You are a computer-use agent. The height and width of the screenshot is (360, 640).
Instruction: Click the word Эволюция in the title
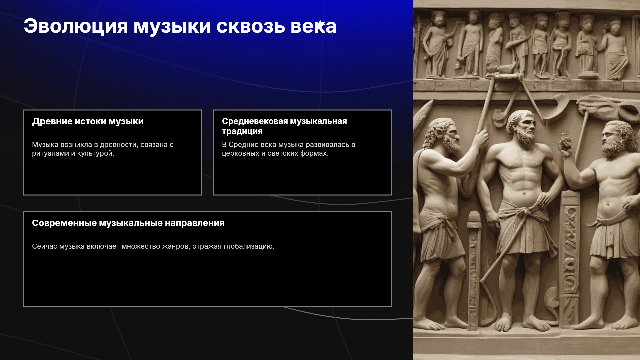coord(76,26)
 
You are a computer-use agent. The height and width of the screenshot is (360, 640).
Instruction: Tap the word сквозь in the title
coord(251,26)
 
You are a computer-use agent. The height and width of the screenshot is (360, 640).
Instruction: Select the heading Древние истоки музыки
coord(88,121)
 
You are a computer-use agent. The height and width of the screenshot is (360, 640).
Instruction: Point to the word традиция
coord(242,131)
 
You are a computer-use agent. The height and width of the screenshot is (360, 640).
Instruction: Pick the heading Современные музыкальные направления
coord(128,223)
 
